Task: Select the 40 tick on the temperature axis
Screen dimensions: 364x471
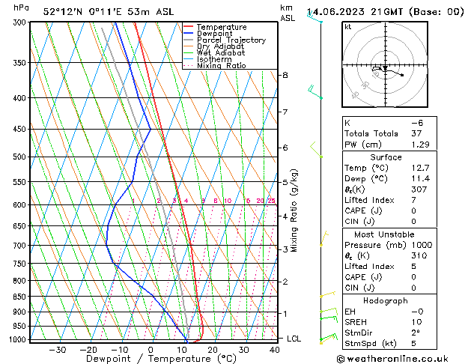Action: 275,349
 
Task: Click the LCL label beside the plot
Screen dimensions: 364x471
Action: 294,339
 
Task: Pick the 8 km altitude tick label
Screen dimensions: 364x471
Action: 285,75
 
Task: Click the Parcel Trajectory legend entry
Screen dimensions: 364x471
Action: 231,40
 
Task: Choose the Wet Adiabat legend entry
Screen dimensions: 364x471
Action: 220,52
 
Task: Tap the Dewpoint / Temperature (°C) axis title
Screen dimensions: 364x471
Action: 150,359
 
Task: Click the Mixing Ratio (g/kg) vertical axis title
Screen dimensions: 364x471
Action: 294,210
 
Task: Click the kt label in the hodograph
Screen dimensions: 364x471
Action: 347,26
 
